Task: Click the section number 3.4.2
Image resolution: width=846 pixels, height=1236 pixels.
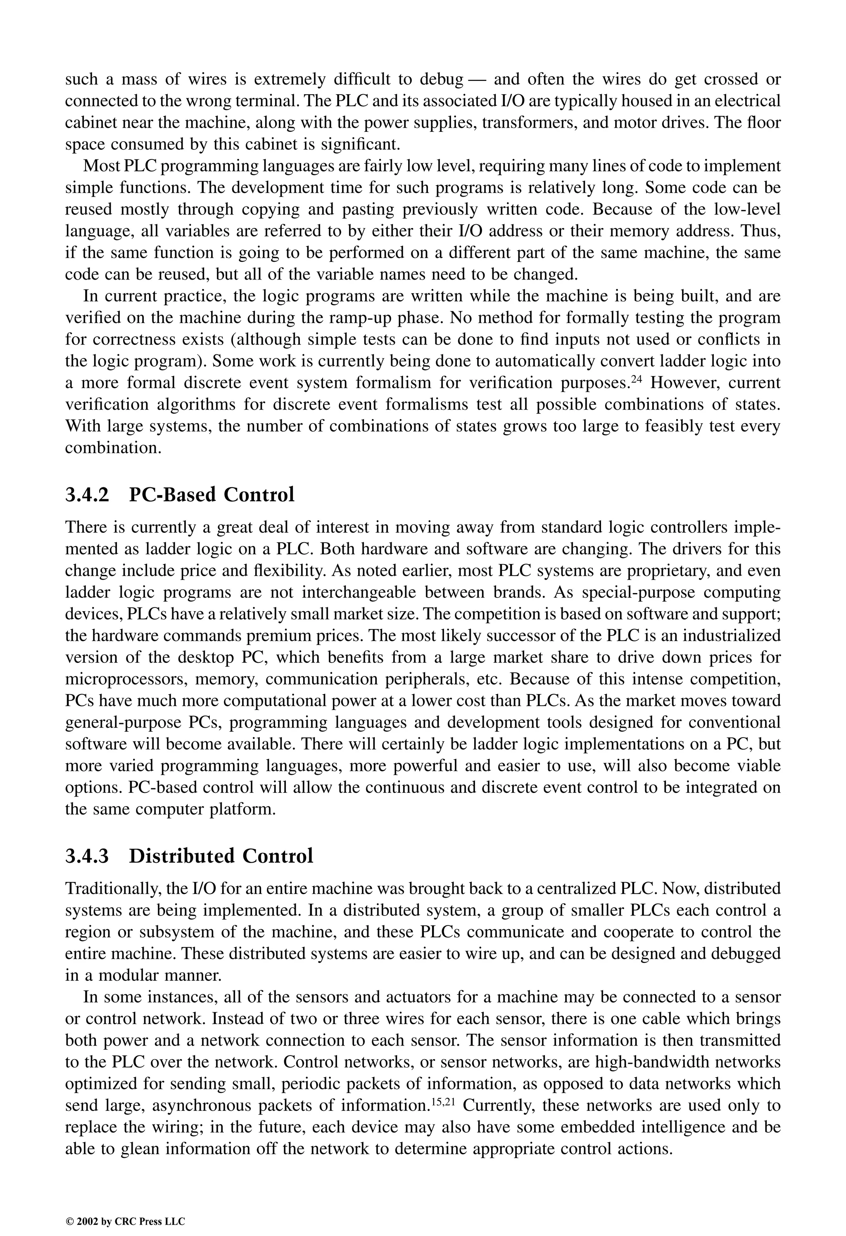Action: pyautogui.click(x=87, y=495)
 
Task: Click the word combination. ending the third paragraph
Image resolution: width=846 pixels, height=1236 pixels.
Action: pyautogui.click(x=113, y=448)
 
